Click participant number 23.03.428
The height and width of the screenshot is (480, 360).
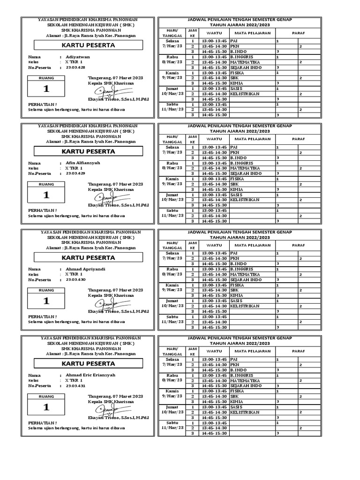pos(75,67)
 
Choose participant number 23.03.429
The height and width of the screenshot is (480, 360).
pos(75,173)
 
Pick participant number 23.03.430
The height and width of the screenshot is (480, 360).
pos(75,279)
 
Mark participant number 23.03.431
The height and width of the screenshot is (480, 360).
pos(75,386)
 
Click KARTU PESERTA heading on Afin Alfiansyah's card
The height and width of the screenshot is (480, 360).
pos(89,152)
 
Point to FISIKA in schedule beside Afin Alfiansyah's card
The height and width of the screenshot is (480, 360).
pos(238,179)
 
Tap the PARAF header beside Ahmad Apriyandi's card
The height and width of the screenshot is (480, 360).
pos(298,245)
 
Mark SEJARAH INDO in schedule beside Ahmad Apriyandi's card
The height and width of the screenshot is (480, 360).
pos(246,280)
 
